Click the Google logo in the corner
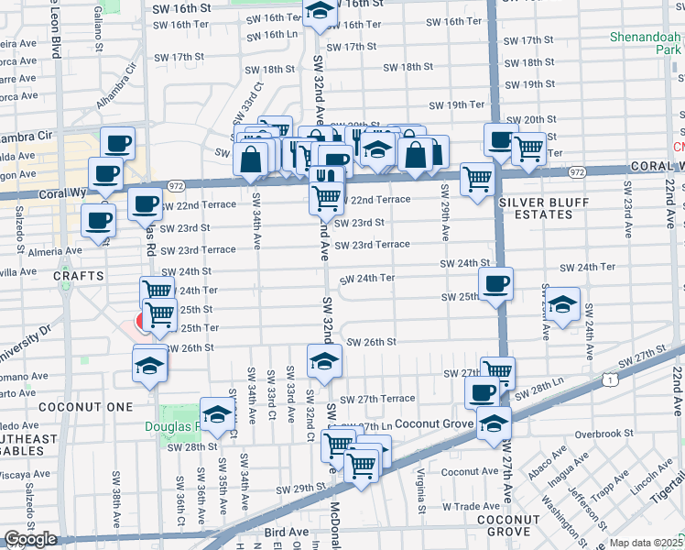pyautogui.click(x=30, y=539)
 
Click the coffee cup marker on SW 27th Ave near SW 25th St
pyautogui.click(x=495, y=284)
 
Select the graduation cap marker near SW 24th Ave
pyautogui.click(x=563, y=303)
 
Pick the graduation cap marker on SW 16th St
pyautogui.click(x=320, y=13)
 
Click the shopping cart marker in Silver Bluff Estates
pyautogui.click(x=477, y=180)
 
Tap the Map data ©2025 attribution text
pyautogui.click(x=647, y=543)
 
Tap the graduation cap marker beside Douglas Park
pyautogui.click(x=217, y=417)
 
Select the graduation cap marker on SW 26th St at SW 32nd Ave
pyautogui.click(x=323, y=360)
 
